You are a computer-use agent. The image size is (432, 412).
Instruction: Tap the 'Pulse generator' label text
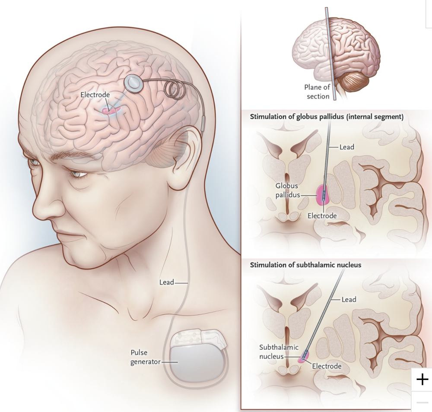(145, 357)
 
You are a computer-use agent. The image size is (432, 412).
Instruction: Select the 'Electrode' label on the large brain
(95, 95)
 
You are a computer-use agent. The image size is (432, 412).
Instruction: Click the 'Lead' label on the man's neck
(166, 282)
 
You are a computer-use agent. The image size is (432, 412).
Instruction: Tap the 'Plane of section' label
(317, 92)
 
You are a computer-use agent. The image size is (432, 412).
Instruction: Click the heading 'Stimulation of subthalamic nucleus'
(305, 265)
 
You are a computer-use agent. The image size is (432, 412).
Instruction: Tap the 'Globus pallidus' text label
(287, 190)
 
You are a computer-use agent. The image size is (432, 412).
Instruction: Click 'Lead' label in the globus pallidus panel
(346, 147)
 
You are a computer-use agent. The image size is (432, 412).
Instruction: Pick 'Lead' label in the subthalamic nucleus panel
(349, 299)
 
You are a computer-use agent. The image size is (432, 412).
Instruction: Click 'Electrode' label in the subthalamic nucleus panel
(327, 366)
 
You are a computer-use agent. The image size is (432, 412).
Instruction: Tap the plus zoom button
(422, 380)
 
